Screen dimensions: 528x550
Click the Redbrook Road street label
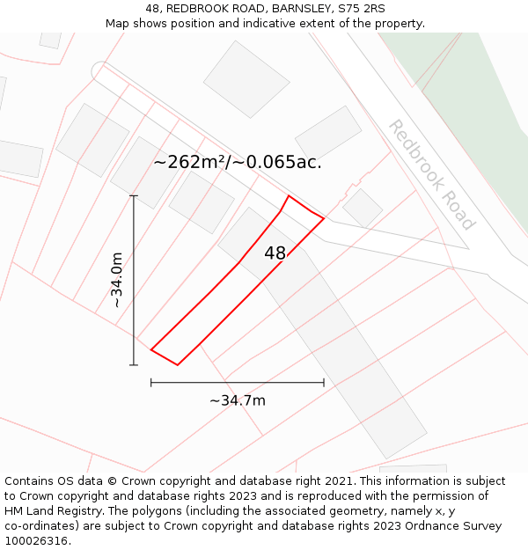[431, 174]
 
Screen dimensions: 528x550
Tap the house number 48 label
[275, 253]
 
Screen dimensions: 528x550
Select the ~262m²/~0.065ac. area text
[238, 162]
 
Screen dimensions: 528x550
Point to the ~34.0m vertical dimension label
[117, 280]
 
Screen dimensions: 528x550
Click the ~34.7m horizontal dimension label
[238, 401]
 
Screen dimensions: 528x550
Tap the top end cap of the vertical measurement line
[134, 195]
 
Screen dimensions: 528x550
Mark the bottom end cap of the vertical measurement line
[134, 364]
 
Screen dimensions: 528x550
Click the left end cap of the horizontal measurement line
[151, 383]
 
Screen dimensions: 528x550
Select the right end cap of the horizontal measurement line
[324, 383]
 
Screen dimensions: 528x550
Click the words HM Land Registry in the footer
[49, 511]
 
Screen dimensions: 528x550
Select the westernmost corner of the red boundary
[151, 350]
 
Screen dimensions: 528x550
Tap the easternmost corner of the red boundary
[324, 217]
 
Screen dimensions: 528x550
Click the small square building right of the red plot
[363, 208]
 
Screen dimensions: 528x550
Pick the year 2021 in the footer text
[338, 481]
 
